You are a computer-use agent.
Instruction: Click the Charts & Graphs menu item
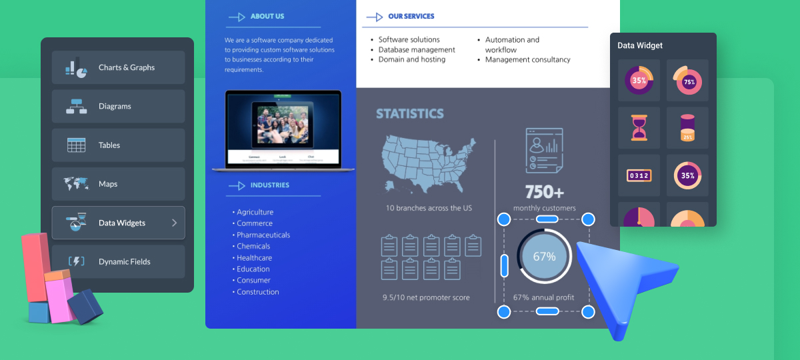tap(118, 67)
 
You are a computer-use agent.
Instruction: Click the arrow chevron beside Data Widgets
tap(175, 223)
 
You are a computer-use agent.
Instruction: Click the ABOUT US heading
tap(267, 16)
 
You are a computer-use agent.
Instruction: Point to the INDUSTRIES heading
tap(269, 185)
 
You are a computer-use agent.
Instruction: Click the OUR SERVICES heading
tap(411, 16)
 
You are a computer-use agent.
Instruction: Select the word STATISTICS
tap(409, 113)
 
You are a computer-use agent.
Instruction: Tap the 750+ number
tap(544, 192)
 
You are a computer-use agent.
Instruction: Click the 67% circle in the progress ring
tap(544, 257)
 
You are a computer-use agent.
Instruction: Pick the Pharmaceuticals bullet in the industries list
tap(263, 235)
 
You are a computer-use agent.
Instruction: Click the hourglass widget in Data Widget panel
tap(639, 127)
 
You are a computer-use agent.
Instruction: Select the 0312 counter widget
tap(639, 175)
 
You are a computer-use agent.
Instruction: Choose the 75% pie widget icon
tap(687, 81)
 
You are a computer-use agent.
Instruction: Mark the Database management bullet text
tap(417, 49)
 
